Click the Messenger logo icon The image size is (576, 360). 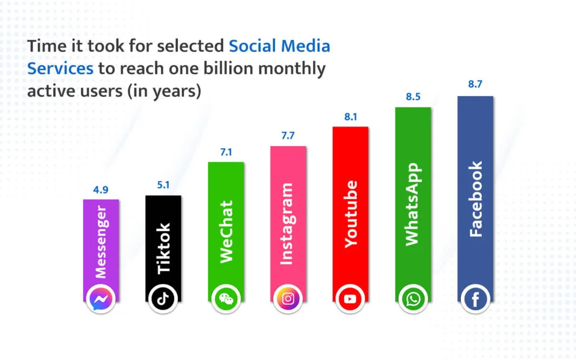(x=101, y=299)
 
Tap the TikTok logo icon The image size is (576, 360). (x=163, y=299)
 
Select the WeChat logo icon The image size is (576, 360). (x=226, y=299)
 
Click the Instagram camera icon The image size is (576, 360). (x=288, y=299)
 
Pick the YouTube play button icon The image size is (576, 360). (x=350, y=299)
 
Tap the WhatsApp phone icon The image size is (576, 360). (x=413, y=299)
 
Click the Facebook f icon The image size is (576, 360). (x=475, y=299)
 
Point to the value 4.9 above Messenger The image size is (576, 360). (x=101, y=190)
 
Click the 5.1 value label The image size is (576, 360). (x=163, y=184)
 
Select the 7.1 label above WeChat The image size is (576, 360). (x=226, y=152)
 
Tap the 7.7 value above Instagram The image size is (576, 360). (x=288, y=136)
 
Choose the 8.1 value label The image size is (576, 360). (x=350, y=117)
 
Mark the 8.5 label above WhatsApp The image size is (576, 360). (x=413, y=97)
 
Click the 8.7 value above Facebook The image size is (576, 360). (x=475, y=84)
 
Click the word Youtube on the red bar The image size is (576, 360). (x=350, y=214)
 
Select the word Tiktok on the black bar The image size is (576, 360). (x=164, y=248)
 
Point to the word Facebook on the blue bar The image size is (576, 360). (x=475, y=199)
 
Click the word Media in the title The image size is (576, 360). (x=305, y=46)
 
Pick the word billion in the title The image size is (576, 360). (x=227, y=68)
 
